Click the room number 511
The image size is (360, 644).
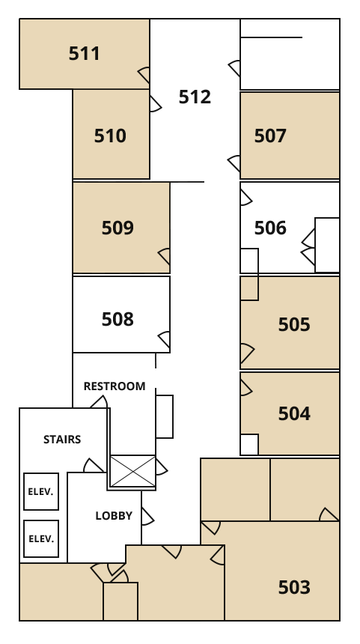point(84,53)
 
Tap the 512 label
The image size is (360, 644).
point(195,97)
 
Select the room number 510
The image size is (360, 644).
point(110,136)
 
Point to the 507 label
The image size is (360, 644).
point(270,136)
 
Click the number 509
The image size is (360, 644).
point(118,228)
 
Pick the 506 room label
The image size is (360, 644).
point(270,228)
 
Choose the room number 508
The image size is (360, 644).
point(118,319)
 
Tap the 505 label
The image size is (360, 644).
point(294,324)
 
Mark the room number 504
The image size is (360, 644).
point(294,413)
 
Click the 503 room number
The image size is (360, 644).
point(294,587)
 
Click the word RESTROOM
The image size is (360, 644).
point(115,386)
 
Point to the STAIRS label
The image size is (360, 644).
point(62,440)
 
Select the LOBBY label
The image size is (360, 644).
point(114,516)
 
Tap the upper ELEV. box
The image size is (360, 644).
point(41,492)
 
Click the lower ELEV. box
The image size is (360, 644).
point(41,539)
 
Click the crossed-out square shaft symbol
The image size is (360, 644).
point(132,472)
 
